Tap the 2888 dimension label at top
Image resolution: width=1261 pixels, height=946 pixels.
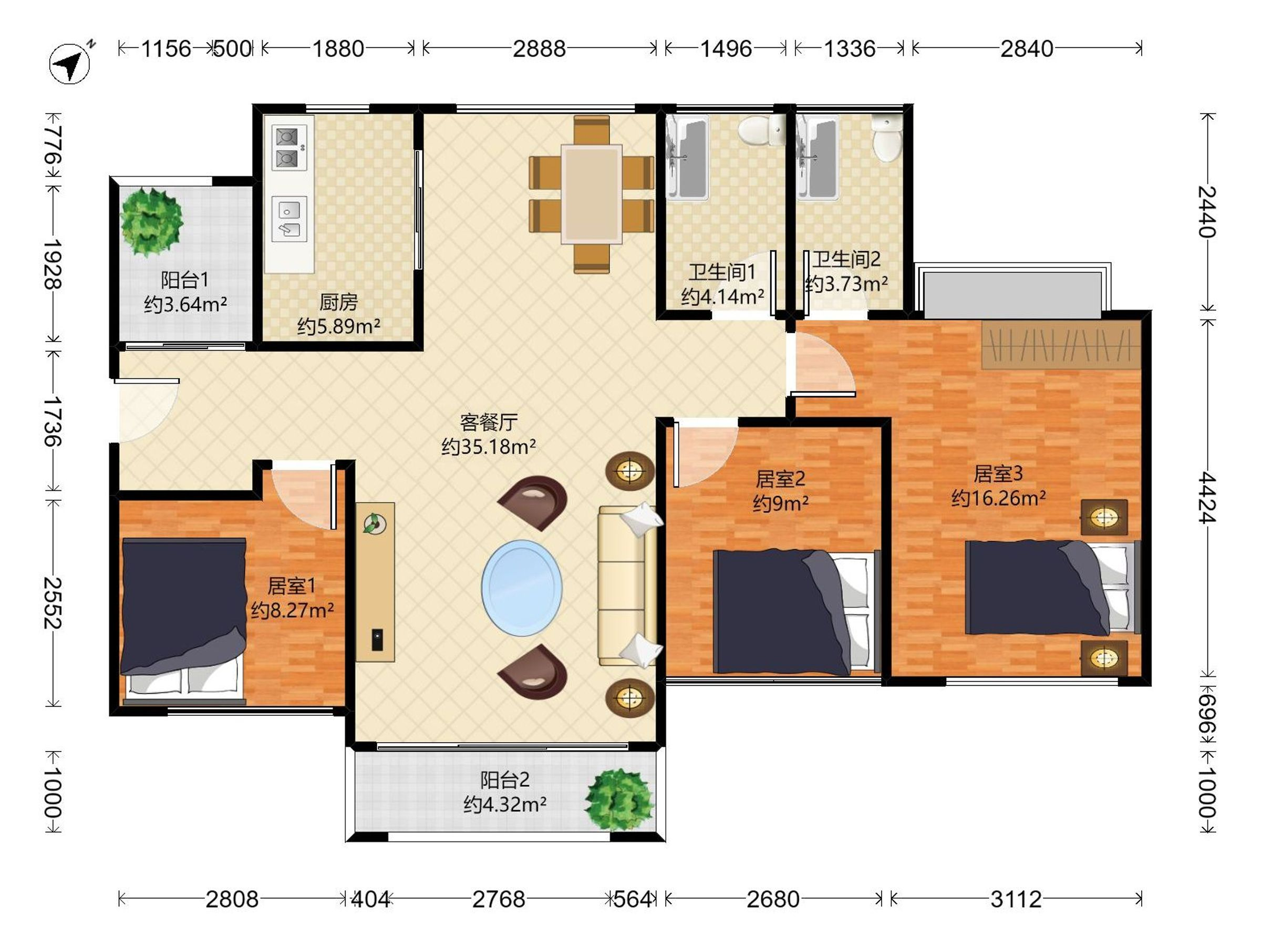point(539,49)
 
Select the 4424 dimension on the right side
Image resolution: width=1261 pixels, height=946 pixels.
point(1206,497)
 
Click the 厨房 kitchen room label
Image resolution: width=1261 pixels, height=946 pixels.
point(338,302)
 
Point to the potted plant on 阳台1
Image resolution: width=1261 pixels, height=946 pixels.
point(151,221)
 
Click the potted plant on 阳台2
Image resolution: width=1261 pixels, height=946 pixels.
point(619,799)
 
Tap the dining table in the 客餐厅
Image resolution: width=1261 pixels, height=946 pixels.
point(591,194)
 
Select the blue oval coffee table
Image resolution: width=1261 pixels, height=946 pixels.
point(522,588)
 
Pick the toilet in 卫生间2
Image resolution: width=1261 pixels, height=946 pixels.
point(887,137)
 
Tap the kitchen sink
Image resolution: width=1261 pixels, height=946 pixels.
point(289,219)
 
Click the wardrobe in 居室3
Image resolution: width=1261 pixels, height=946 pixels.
point(1061,344)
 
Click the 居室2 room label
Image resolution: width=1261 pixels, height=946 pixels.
point(780,478)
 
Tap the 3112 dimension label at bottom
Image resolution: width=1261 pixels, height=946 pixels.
point(1015,899)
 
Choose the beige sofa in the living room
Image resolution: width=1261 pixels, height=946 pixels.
point(627,585)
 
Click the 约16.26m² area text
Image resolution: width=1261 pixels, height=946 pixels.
point(998,498)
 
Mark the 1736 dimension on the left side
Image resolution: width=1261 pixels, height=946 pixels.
point(53,421)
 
